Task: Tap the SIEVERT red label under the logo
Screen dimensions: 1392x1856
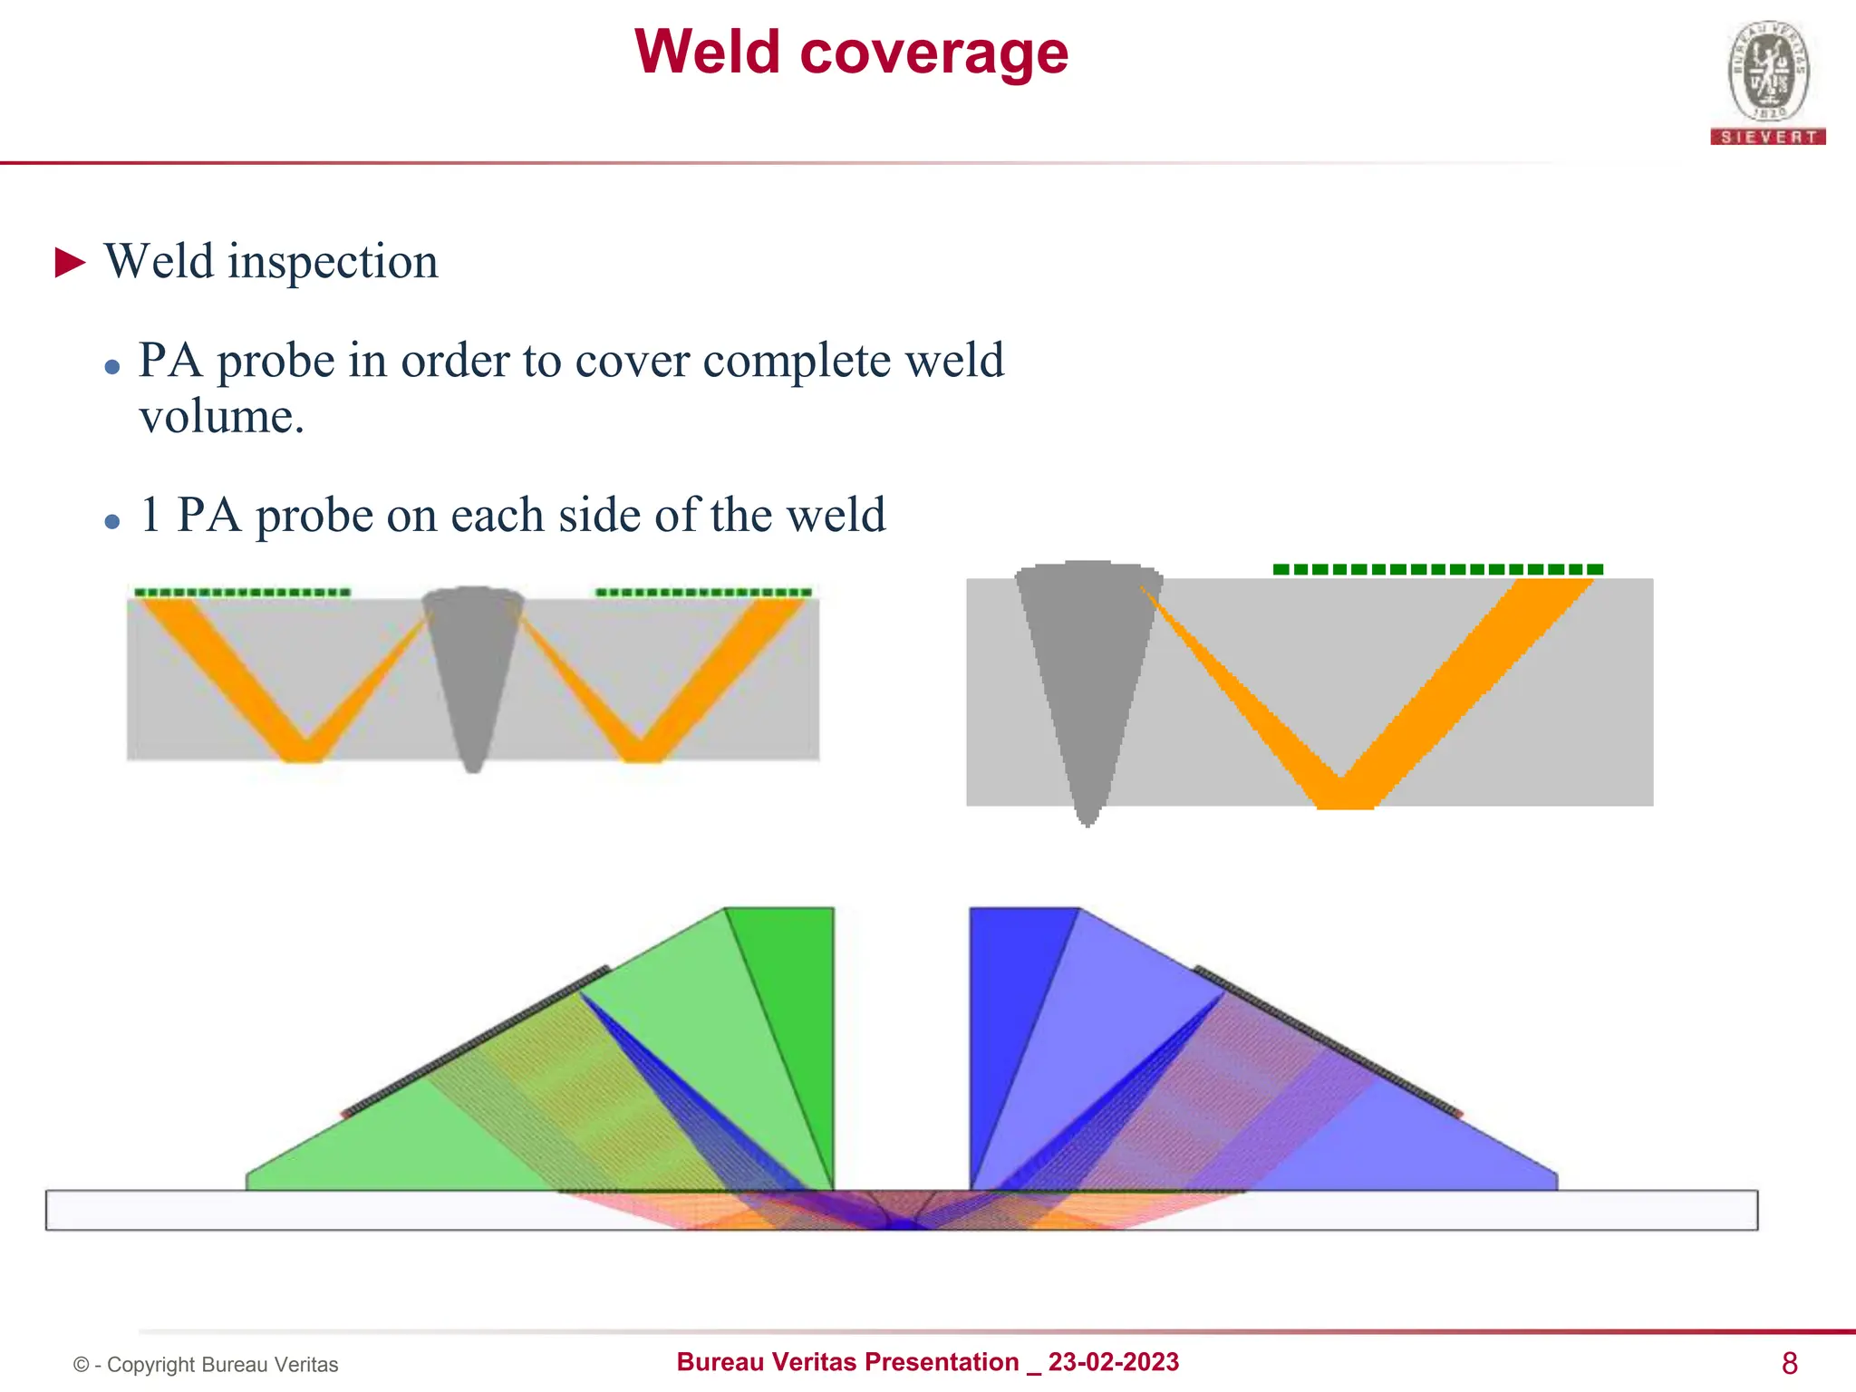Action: pos(1768,137)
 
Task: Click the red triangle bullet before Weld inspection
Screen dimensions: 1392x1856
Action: pos(70,263)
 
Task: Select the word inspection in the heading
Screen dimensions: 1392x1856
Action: pos(333,263)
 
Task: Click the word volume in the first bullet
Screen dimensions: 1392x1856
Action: pos(220,418)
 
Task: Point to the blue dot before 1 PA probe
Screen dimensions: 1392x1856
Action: pos(112,521)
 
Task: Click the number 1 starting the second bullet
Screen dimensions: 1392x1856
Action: pos(150,515)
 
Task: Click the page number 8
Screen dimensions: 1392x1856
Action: pos(1789,1363)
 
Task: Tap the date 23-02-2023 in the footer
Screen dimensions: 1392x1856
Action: pos(1113,1362)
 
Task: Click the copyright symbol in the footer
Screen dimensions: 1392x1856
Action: pos(82,1365)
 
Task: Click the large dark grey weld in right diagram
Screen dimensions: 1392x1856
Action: pos(1086,671)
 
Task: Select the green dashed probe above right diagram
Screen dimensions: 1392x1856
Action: pos(1437,569)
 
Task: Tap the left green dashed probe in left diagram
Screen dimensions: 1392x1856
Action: pos(242,593)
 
